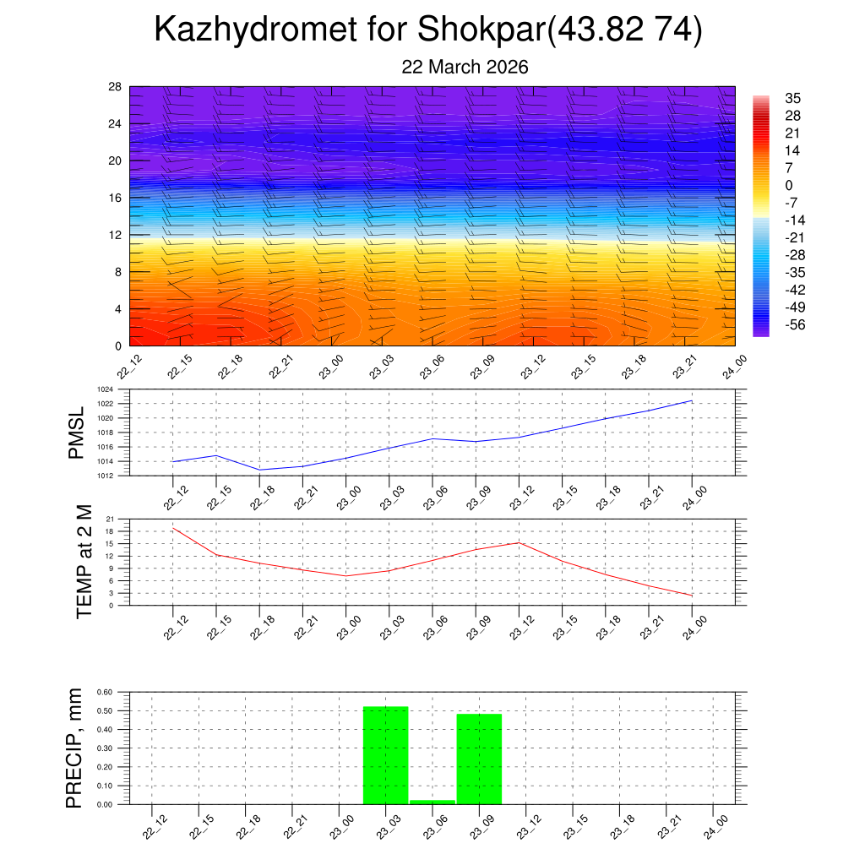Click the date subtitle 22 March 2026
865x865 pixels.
(465, 67)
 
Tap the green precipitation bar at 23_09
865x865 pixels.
(479, 759)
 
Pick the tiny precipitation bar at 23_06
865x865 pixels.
(432, 802)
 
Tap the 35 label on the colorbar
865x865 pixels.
(792, 98)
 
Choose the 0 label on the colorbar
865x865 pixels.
(789, 186)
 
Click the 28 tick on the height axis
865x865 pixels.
(116, 87)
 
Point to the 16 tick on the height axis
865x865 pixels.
(116, 198)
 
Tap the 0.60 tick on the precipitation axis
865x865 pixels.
(104, 692)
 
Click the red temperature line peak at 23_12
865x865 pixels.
(519, 542)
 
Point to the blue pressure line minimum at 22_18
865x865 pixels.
(259, 470)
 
